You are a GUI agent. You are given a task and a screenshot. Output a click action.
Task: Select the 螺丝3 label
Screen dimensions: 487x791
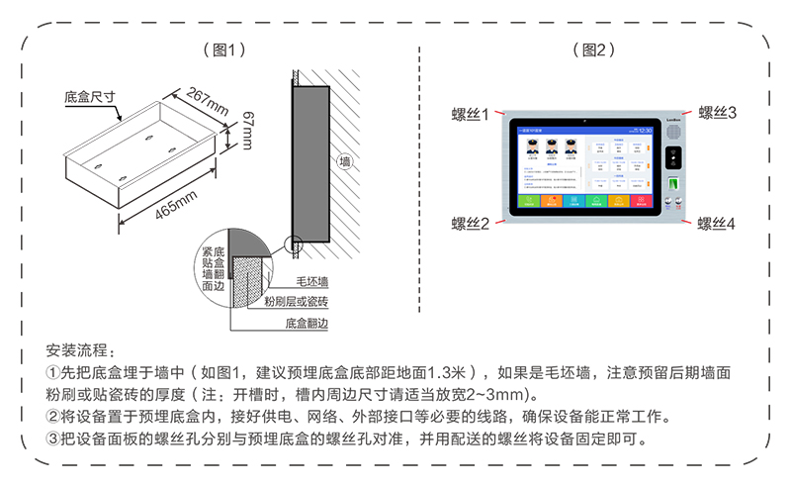[x=718, y=113]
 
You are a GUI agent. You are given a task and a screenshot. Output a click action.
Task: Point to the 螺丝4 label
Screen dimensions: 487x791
[x=717, y=225]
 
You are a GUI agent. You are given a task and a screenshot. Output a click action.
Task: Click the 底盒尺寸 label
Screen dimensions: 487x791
[x=90, y=98]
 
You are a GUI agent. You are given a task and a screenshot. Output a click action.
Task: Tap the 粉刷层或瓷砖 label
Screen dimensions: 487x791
[x=297, y=301]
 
